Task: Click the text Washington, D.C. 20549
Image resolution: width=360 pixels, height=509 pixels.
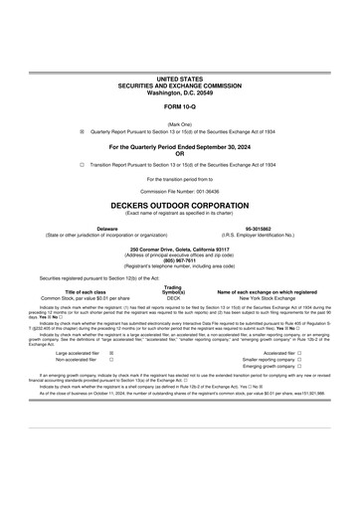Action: pos(179,89)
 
